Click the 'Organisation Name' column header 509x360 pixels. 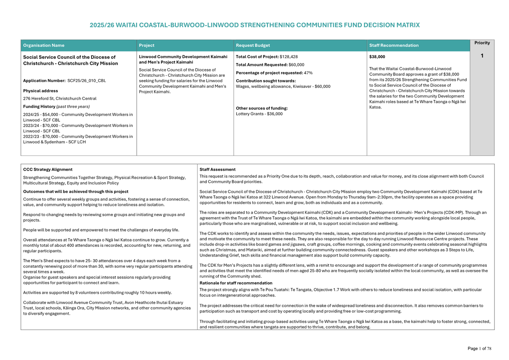(x=44, y=46)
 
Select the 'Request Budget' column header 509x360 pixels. (x=253, y=46)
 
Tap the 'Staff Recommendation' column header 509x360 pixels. (x=394, y=46)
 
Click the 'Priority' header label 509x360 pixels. (x=482, y=43)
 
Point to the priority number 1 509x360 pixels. (x=482, y=56)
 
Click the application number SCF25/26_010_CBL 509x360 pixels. (x=86, y=81)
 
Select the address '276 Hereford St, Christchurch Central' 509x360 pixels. (x=60, y=99)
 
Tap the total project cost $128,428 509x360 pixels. (x=289, y=57)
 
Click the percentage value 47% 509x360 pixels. (x=308, y=73)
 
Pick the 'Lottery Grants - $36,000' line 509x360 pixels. (x=259, y=114)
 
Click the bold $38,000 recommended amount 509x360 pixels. (x=377, y=57)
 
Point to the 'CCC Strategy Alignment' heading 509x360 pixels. (x=48, y=170)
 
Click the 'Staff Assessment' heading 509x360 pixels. (x=217, y=170)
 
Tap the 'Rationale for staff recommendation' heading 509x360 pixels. (x=236, y=283)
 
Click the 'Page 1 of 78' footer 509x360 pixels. (x=479, y=349)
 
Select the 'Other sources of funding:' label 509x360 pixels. (x=262, y=108)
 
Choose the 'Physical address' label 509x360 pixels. (x=40, y=91)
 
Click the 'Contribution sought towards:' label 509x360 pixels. (x=266, y=81)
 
